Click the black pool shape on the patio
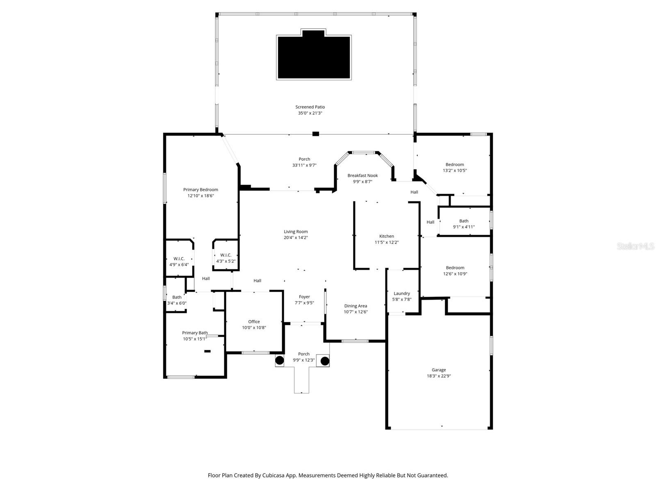coord(314,57)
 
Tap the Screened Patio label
coord(310,107)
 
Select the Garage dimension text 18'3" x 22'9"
coord(439,376)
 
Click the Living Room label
coord(296,232)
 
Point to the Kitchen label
coord(386,236)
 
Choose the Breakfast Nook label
coord(362,175)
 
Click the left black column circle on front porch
coord(279,361)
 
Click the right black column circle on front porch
coord(325,361)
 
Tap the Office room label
coord(254,322)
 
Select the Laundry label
coord(402,294)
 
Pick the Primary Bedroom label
coord(200,190)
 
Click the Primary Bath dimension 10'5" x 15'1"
coord(195,339)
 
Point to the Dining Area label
coord(355,306)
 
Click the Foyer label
coord(304,297)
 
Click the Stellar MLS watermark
coord(635,246)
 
